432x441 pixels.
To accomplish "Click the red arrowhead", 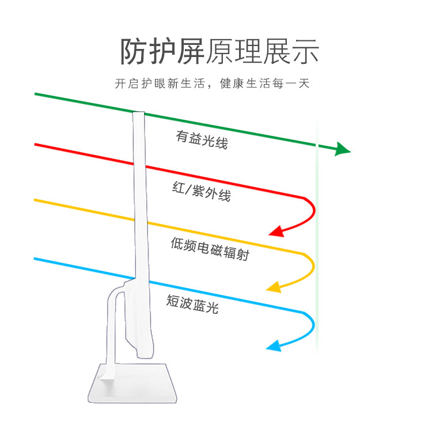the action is (276, 232).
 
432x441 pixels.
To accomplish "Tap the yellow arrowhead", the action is (273, 287).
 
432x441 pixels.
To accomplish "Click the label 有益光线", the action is (202, 139).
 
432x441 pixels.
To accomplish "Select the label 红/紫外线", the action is (202, 192).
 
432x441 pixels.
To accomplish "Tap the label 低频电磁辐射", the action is (210, 248).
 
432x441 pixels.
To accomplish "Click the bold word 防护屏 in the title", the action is (162, 52).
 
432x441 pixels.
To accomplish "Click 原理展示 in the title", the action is (262, 52).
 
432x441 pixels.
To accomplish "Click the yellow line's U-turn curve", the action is (311, 266).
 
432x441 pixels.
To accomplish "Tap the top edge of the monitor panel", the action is (138, 112).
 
